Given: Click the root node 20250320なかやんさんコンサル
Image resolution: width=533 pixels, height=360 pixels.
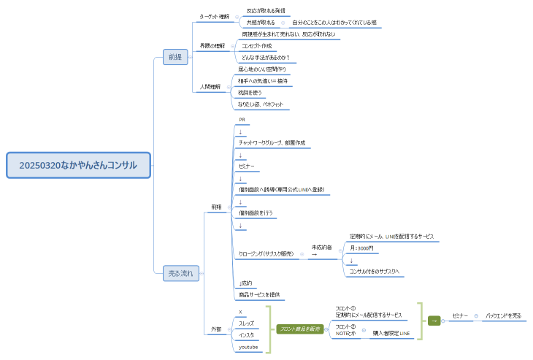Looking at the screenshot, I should (x=78, y=165).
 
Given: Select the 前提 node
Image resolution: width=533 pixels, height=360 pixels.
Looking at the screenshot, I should (x=175, y=58).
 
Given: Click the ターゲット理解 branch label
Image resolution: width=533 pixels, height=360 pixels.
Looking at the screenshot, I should (x=214, y=16).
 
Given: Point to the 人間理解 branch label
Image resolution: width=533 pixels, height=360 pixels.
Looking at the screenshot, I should (x=210, y=87).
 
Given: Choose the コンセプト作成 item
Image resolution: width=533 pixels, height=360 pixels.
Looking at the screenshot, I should (x=256, y=45).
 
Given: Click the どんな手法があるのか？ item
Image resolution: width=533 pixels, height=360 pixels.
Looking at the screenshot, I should (x=265, y=58).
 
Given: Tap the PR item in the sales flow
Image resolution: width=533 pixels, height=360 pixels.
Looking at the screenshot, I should (x=242, y=119).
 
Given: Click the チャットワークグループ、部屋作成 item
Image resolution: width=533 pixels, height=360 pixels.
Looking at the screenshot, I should (x=271, y=143).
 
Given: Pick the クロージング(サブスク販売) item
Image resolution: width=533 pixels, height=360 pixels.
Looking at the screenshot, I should (x=266, y=253).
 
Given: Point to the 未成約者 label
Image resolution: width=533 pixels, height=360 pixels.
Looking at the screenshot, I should (x=321, y=248).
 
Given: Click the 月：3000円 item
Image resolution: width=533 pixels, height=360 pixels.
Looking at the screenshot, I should (x=361, y=248).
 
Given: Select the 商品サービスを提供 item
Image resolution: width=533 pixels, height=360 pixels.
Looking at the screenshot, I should (x=260, y=295).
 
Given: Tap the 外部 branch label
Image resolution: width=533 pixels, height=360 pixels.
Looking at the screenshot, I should (x=215, y=329).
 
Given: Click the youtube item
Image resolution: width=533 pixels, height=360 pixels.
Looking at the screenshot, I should (x=249, y=347).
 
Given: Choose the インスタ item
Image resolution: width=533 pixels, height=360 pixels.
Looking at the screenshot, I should (x=247, y=334).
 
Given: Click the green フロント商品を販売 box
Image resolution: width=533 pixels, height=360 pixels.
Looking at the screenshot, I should (x=299, y=329).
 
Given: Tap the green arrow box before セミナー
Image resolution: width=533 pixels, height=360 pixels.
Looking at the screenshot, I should (x=434, y=319).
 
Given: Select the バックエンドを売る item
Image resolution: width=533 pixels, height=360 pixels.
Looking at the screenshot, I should (x=504, y=315).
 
